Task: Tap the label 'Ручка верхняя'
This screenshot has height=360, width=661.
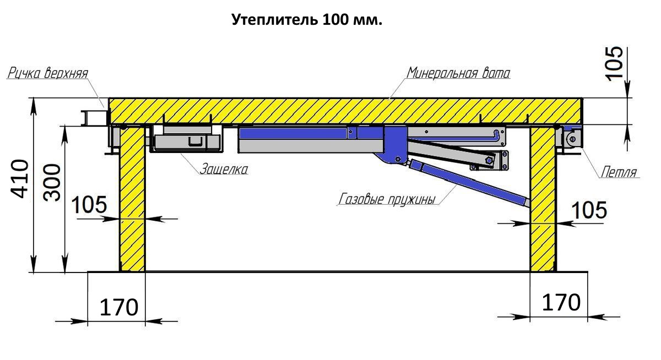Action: point(47,73)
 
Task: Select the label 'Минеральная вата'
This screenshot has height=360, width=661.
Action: point(458,73)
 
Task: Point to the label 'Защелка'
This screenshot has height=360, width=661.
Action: point(224,169)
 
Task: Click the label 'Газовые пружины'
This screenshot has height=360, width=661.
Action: point(387,199)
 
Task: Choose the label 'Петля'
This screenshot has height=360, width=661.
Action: point(619,172)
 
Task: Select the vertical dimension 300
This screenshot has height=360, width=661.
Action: point(52,183)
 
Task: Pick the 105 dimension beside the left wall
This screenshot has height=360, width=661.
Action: point(89,205)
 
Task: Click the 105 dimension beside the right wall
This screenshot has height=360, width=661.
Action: point(589,210)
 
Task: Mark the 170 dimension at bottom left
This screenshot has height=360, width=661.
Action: point(119,307)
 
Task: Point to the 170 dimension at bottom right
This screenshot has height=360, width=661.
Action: point(561,303)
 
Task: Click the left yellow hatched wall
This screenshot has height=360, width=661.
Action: point(132,199)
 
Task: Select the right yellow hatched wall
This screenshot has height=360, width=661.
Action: point(543,199)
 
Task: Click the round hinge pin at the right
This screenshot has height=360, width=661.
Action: point(572,139)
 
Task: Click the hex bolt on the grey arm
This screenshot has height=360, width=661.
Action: point(489,160)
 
